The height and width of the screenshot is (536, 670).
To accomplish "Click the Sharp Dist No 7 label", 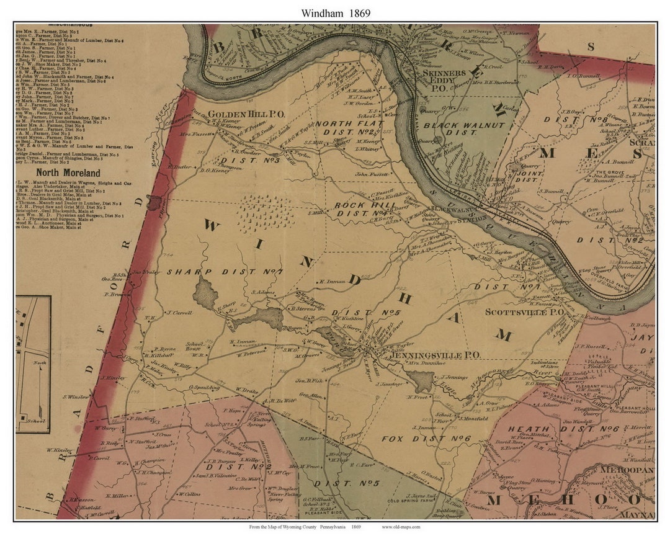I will (224, 272).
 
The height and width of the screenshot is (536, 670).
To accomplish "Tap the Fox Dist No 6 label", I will (426, 438).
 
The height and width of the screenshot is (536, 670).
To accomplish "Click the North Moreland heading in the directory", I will (68, 173).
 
